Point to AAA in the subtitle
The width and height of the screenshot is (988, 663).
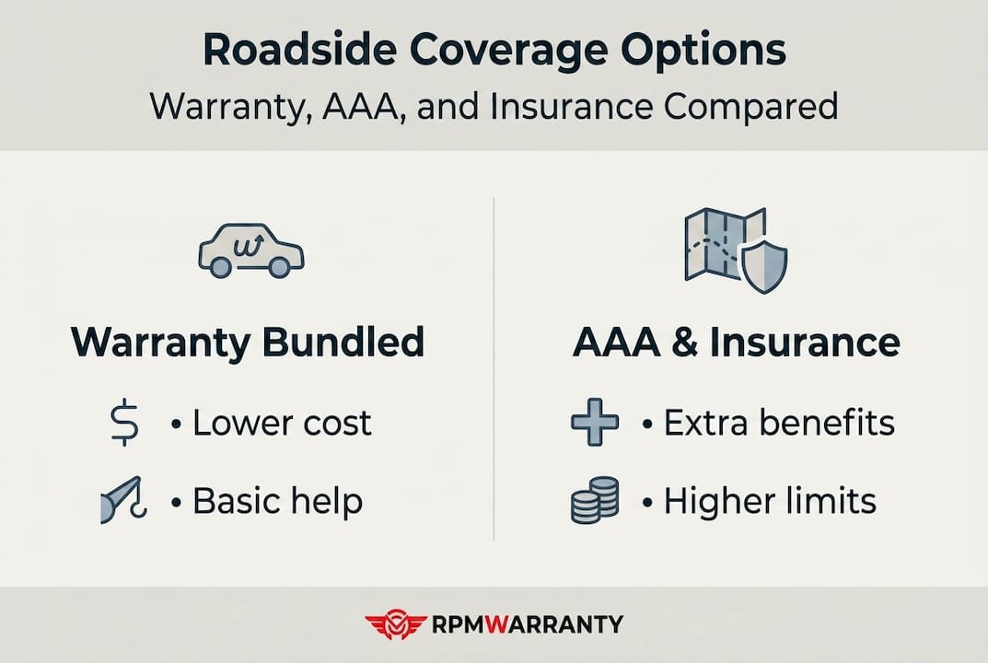click(361, 106)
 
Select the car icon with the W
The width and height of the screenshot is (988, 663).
click(251, 250)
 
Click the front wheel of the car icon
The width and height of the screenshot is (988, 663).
click(279, 267)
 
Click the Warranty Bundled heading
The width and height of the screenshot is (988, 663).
click(248, 343)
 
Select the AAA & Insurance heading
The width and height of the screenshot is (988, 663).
click(737, 343)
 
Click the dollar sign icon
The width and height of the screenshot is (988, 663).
click(124, 423)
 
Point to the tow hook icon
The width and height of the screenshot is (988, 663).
click(123, 500)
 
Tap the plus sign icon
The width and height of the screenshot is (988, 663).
click(594, 423)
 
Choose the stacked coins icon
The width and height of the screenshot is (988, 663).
click(594, 500)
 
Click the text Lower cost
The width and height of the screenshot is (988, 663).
click(282, 423)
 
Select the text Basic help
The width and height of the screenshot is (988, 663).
click(278, 502)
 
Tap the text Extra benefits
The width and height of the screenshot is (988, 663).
click(779, 423)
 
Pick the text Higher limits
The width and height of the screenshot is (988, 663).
click(770, 502)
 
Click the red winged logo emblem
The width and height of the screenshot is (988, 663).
click(396, 624)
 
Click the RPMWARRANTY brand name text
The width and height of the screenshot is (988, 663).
click(528, 624)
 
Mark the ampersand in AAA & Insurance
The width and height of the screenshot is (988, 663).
click(685, 343)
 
